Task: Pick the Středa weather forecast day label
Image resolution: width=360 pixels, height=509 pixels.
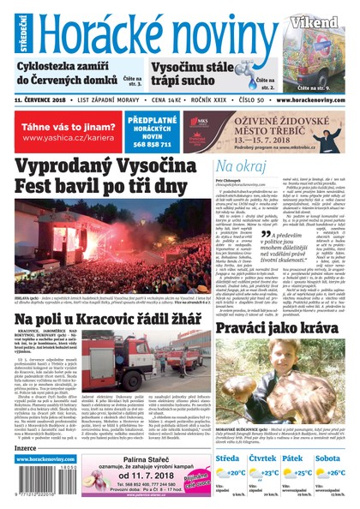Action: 230,458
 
